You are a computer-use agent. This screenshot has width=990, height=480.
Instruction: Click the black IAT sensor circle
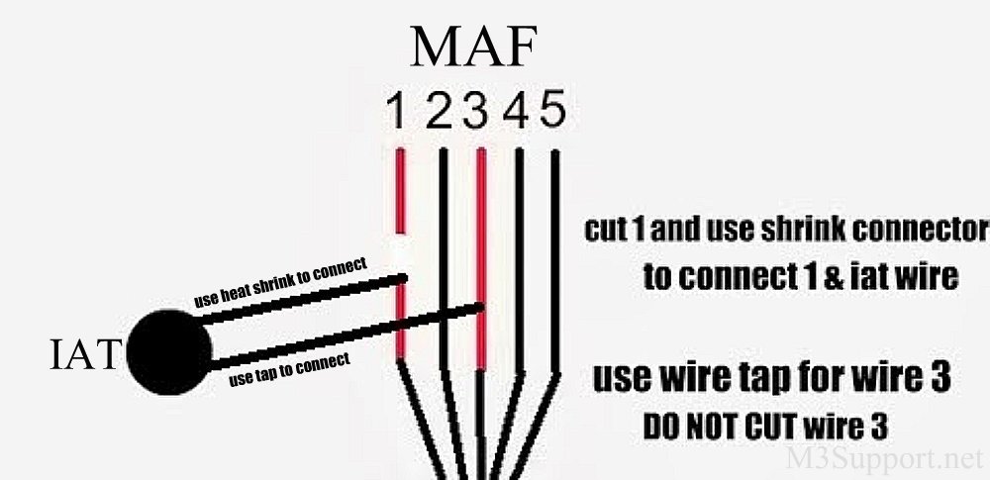(x=168, y=351)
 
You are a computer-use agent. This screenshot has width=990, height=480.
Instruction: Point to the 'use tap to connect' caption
(x=289, y=369)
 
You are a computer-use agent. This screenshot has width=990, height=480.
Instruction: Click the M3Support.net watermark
(x=884, y=458)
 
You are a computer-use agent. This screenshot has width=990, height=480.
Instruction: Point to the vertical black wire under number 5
(x=555, y=257)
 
